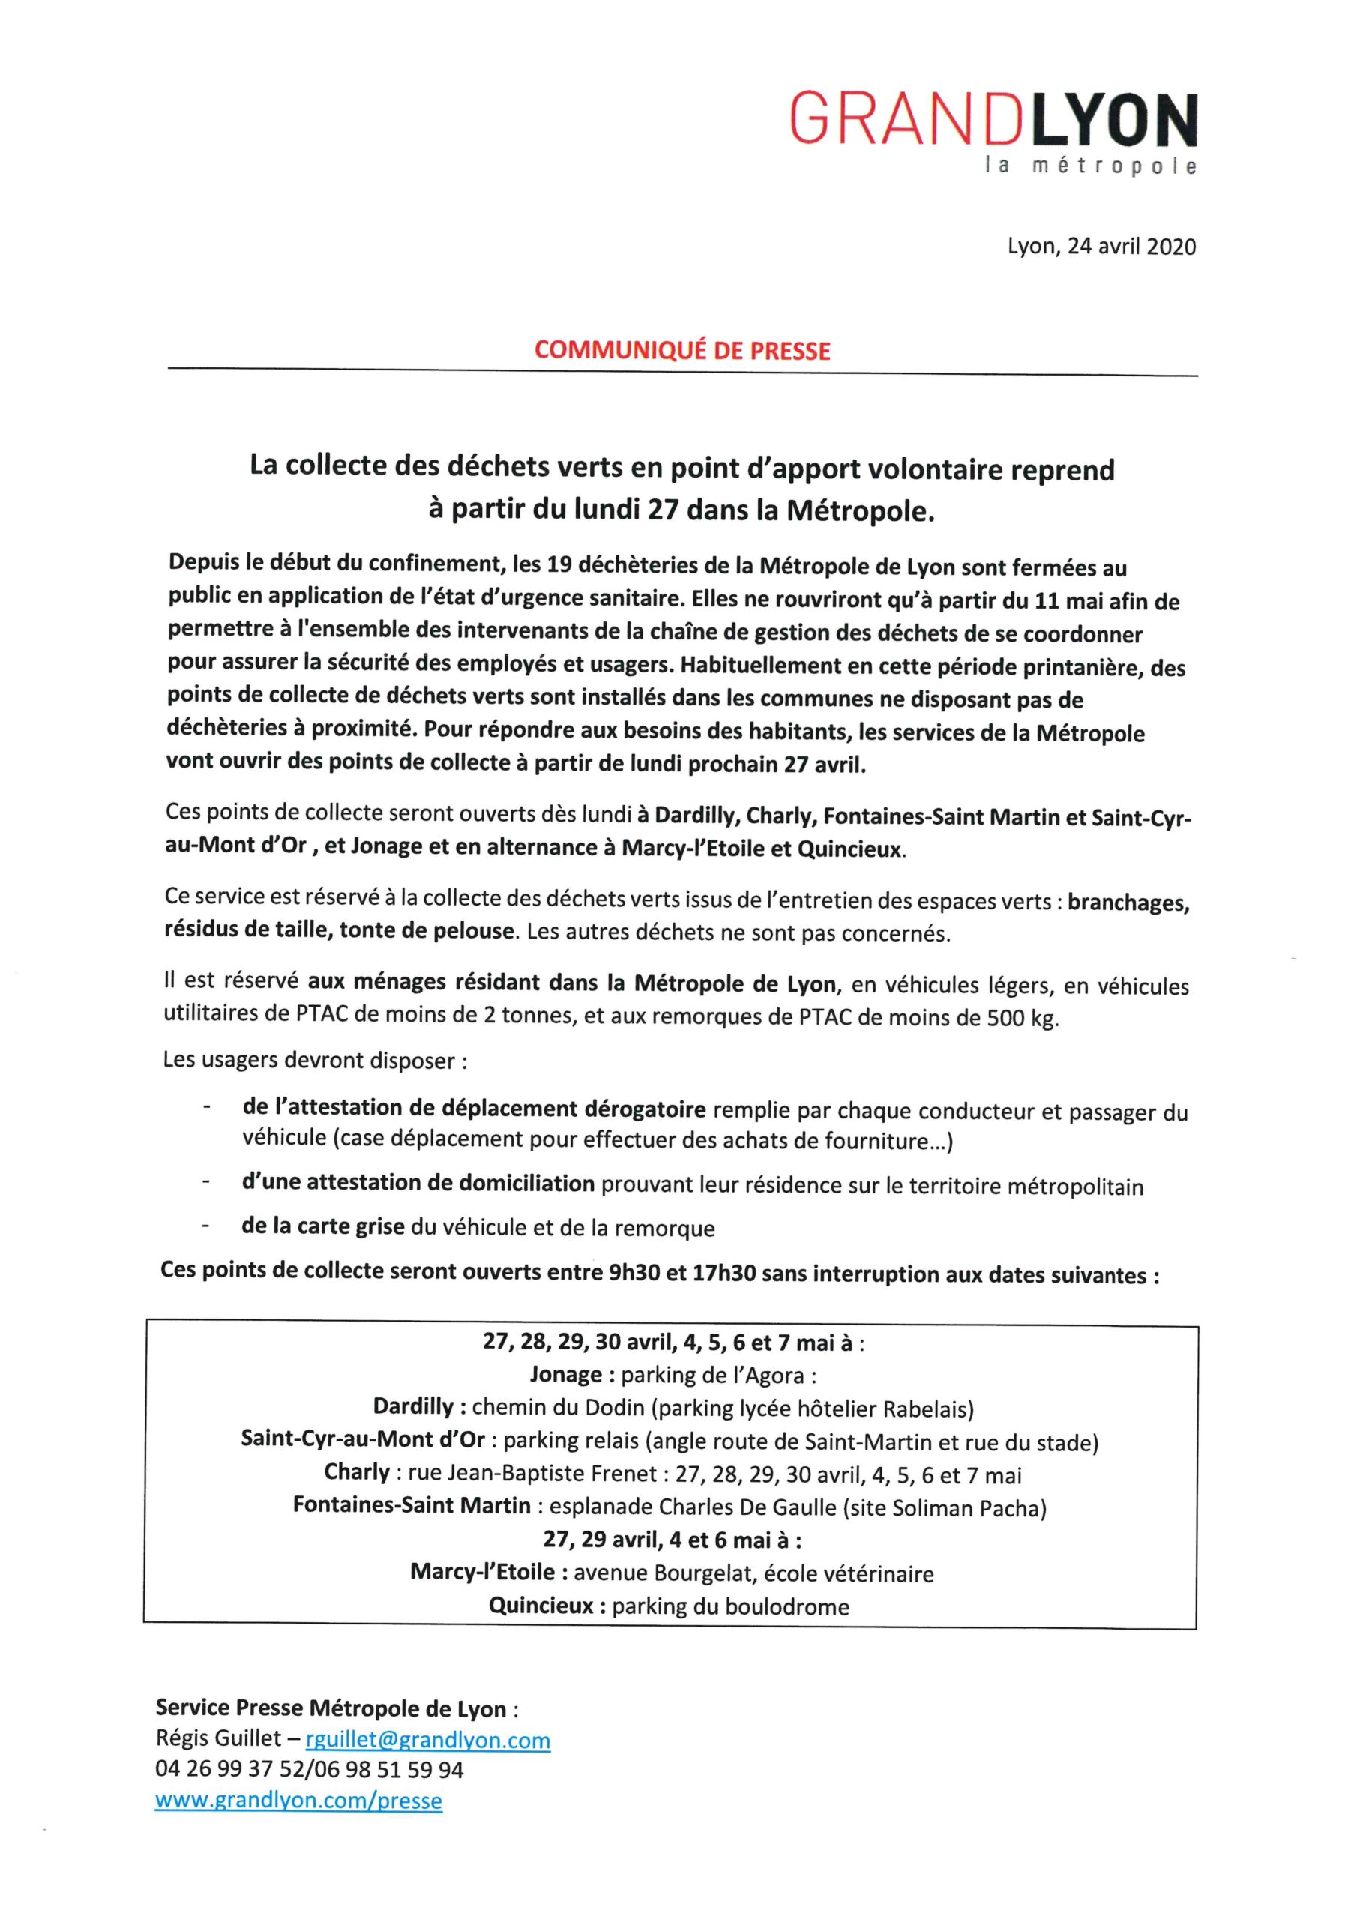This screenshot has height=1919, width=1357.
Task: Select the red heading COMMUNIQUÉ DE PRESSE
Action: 682,349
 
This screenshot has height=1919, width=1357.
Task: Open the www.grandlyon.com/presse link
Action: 298,1800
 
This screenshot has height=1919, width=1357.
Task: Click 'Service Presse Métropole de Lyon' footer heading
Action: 331,1708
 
